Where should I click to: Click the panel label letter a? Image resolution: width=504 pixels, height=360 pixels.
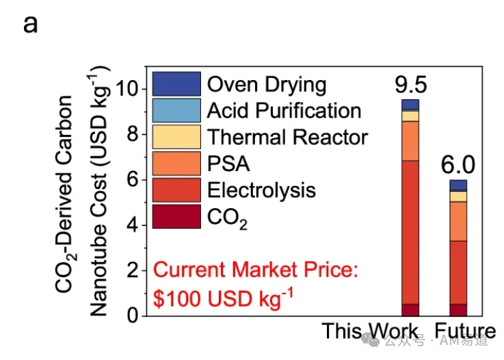tap(31, 25)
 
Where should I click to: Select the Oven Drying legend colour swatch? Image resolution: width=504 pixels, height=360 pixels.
tap(176, 84)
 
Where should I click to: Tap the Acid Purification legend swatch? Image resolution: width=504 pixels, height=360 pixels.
tap(176, 110)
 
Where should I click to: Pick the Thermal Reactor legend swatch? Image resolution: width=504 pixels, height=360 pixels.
tap(176, 137)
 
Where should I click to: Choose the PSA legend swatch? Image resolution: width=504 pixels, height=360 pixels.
tap(176, 164)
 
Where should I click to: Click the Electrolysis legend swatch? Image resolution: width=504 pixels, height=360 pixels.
tap(176, 190)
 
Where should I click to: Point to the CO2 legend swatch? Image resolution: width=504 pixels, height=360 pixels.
tap(176, 216)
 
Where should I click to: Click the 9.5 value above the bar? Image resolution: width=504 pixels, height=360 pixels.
tap(411, 85)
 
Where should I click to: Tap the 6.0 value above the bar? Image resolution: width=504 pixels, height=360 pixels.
tap(457, 165)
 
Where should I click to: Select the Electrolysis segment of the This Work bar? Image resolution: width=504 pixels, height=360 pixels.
tap(410, 232)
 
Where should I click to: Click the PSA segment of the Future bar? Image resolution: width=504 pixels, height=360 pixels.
tap(458, 221)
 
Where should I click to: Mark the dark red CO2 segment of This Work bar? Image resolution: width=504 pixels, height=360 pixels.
tap(410, 310)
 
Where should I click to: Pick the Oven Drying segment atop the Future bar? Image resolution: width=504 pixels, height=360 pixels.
tap(458, 185)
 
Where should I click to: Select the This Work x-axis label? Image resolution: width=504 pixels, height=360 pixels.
tap(370, 331)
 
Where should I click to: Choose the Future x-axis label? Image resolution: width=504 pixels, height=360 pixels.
tap(465, 331)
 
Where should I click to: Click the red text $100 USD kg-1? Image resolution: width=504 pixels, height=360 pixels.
tap(223, 298)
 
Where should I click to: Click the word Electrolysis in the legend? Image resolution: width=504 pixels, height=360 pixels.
tap(261, 190)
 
